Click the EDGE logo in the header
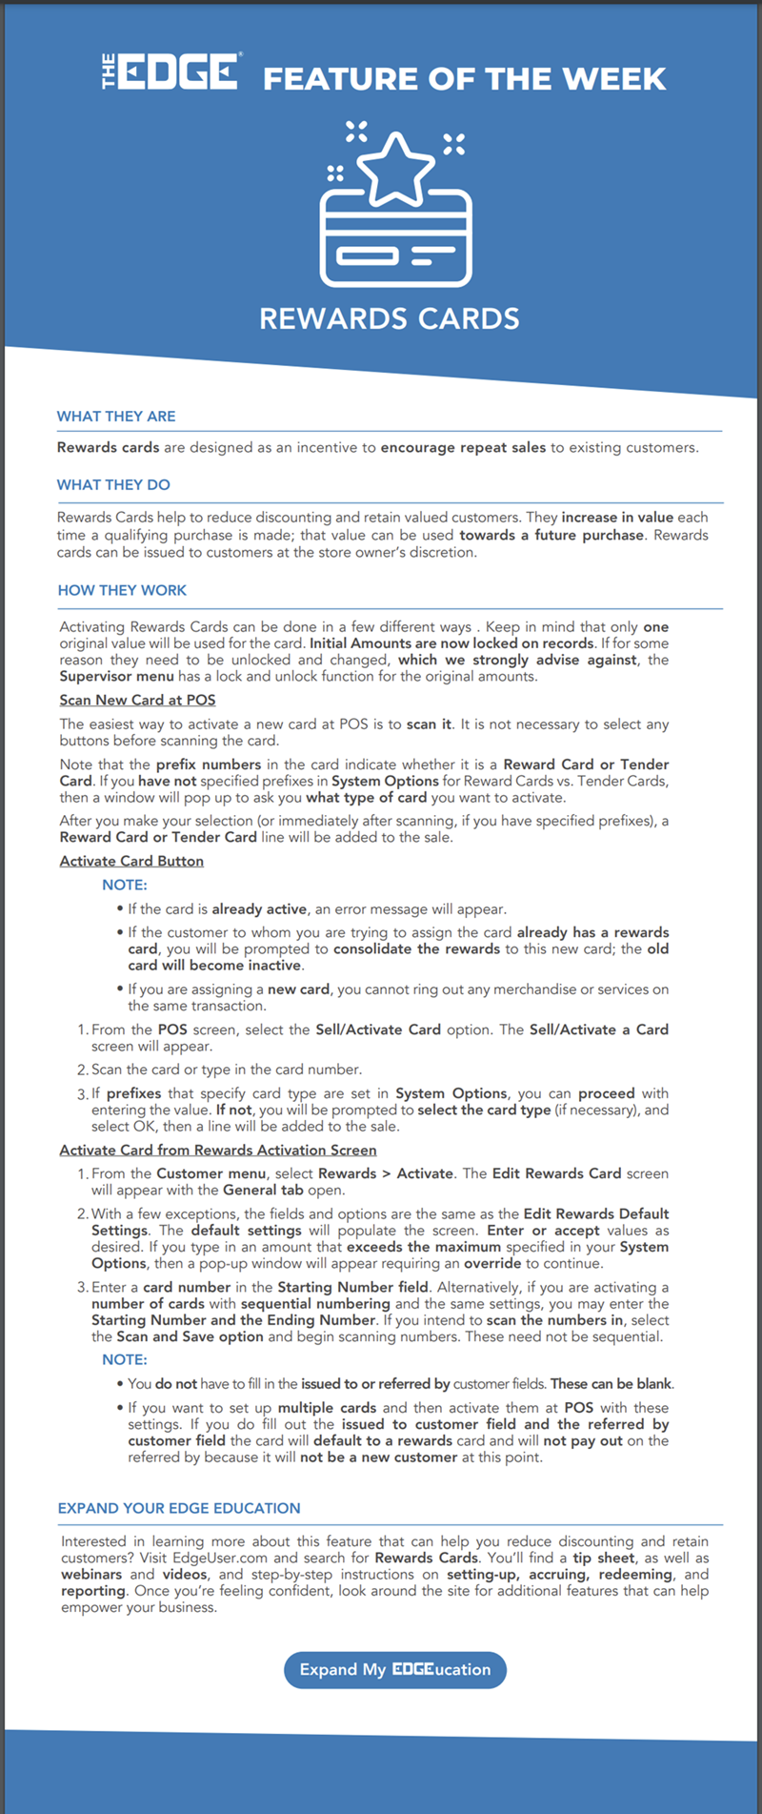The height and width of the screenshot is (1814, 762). (171, 71)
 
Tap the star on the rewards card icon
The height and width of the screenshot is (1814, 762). (393, 170)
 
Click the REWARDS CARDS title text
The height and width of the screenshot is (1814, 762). (389, 318)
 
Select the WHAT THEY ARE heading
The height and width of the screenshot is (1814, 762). (116, 417)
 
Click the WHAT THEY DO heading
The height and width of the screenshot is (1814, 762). (113, 485)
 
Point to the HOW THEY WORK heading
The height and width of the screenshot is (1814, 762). (122, 591)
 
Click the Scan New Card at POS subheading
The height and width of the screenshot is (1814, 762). (137, 701)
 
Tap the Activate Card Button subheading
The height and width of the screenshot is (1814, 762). (131, 862)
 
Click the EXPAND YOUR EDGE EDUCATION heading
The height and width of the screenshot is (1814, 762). (179, 1509)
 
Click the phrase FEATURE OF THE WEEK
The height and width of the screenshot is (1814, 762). (464, 78)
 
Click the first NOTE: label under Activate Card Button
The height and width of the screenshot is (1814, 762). (125, 886)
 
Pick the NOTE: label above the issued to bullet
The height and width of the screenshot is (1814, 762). (125, 1360)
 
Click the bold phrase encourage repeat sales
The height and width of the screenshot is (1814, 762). (463, 448)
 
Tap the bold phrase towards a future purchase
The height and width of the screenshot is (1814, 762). (551, 536)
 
